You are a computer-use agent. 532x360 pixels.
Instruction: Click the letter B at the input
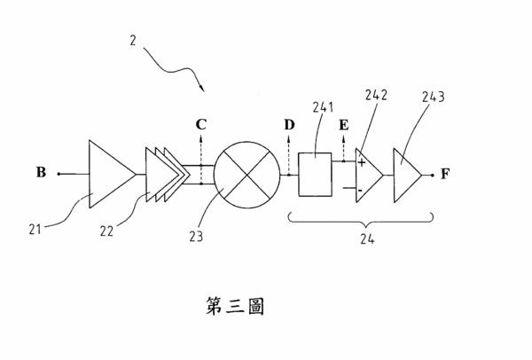[x=41, y=172]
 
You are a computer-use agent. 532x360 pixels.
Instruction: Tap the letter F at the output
[x=445, y=174]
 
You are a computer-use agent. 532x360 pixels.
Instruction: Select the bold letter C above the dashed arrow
[x=201, y=125]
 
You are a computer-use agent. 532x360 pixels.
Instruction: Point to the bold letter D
[x=289, y=125]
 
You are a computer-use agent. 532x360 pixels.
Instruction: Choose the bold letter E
[x=344, y=125]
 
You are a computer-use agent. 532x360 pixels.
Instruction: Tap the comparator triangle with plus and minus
[x=369, y=176]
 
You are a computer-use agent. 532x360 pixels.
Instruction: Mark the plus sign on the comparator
[x=362, y=163]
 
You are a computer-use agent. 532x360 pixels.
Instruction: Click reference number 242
[x=376, y=95]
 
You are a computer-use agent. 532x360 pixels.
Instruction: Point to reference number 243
[x=434, y=97]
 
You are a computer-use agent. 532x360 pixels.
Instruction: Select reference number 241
[x=323, y=107]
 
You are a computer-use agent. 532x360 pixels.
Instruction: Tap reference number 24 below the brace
[x=367, y=239]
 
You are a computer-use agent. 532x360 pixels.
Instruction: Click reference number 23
[x=196, y=237]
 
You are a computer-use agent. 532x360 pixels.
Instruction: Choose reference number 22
[x=106, y=231]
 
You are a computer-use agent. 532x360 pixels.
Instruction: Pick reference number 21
[x=35, y=230]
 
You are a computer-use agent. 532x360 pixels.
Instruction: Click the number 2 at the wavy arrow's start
[x=133, y=41]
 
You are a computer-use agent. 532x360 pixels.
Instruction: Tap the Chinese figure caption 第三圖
[x=235, y=306]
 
